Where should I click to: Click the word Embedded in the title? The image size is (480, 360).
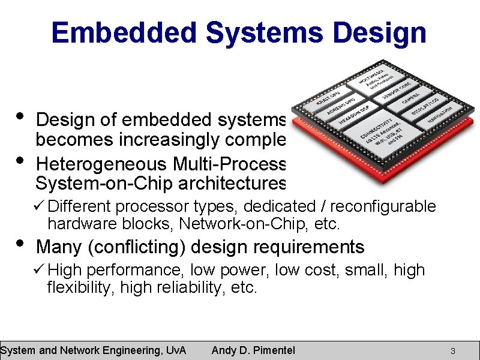pyautogui.click(x=124, y=32)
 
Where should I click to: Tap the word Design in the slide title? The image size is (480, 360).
pyautogui.click(x=380, y=32)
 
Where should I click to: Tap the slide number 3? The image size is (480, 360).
pyautogui.click(x=453, y=350)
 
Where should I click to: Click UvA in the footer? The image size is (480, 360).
pyautogui.click(x=175, y=350)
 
